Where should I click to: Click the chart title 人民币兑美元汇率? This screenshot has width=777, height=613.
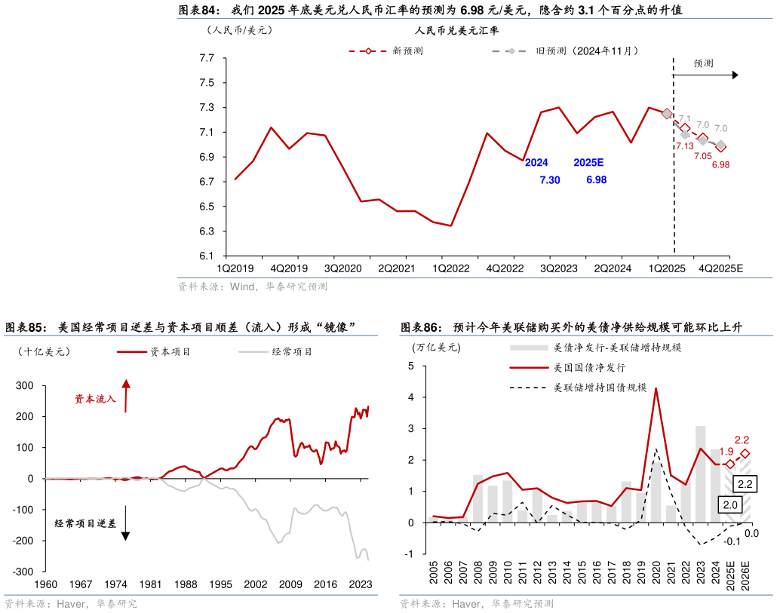(x=456, y=31)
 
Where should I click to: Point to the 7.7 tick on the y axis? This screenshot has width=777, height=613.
(x=207, y=58)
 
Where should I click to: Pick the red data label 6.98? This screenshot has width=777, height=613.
(x=720, y=164)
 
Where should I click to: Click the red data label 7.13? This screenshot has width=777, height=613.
(x=684, y=146)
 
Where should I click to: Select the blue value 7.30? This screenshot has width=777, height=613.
(x=550, y=180)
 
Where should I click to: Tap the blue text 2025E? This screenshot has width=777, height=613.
(x=588, y=163)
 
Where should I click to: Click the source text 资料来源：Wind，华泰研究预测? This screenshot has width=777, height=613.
(x=252, y=287)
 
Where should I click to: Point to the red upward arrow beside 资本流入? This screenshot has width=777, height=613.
(x=126, y=396)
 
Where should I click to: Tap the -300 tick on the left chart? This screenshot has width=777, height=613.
(x=23, y=572)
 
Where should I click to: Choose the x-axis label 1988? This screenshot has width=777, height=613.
(x=185, y=584)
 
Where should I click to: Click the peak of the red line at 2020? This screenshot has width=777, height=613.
(x=656, y=388)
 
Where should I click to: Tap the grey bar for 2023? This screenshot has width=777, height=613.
(x=701, y=475)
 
